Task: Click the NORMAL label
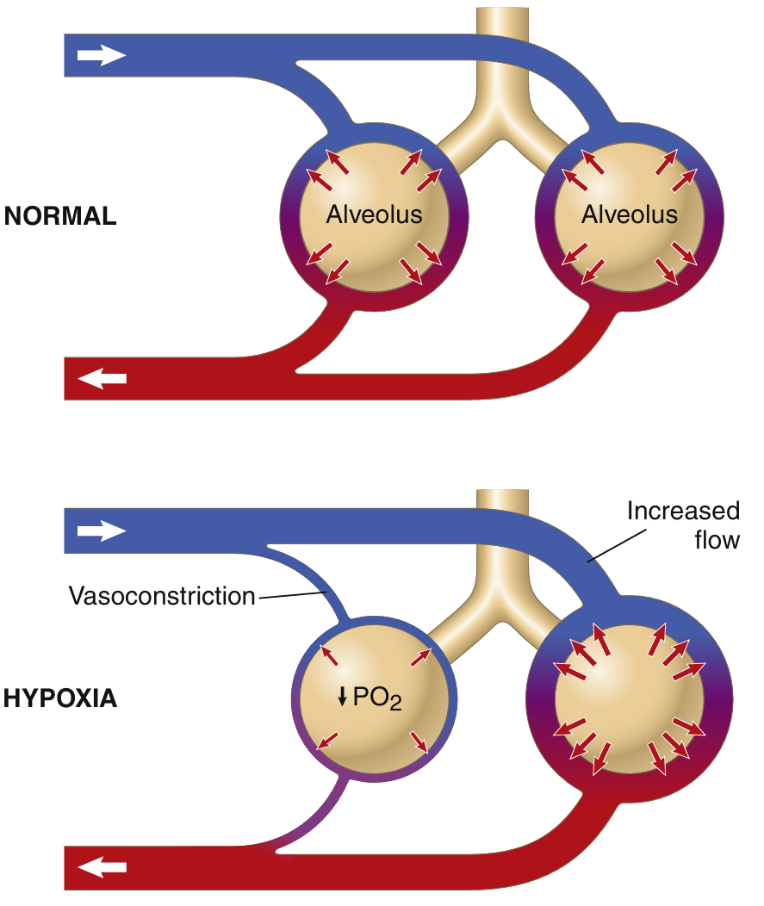point(60,216)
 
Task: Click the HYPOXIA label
point(60,698)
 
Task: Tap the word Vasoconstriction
point(162,595)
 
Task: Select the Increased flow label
point(683,525)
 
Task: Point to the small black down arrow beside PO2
point(343,697)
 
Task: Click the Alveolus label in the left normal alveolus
point(374,214)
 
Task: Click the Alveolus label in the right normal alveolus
point(630,214)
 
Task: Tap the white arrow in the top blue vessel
point(102,55)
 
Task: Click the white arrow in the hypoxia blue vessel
point(102,531)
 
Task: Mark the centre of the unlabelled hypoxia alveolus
point(630,698)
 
